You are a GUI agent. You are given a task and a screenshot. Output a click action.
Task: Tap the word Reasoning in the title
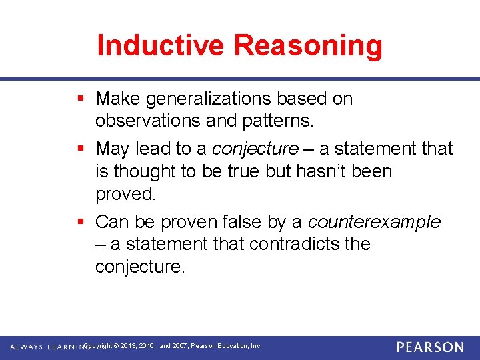[x=308, y=45]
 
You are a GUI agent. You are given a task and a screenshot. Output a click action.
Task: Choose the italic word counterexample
[x=374, y=221]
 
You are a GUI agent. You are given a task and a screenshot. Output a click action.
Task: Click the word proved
[x=125, y=194]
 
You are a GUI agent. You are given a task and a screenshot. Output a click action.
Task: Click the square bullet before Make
[x=81, y=99]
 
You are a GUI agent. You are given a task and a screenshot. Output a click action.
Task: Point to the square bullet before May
[x=81, y=148]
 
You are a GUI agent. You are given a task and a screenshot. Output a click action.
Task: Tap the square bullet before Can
[x=81, y=221]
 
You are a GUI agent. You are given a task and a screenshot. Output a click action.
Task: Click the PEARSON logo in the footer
[x=430, y=347]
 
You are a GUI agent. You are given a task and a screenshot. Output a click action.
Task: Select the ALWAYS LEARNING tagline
[x=47, y=347]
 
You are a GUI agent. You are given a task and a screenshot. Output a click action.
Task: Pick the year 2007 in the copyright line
[x=180, y=346]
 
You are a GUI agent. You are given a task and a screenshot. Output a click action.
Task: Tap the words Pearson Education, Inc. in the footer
[x=227, y=346]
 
